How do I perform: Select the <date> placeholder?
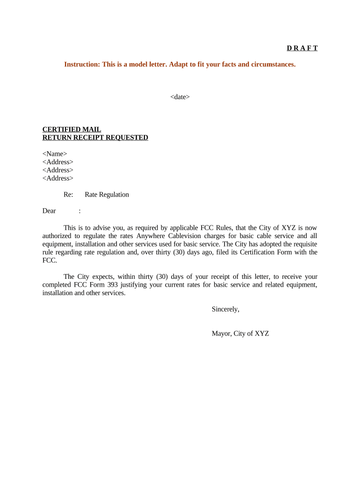pos(180,97)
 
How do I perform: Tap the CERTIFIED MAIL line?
pos(72,130)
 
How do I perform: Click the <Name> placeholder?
pos(55,154)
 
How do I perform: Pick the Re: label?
pos(68,195)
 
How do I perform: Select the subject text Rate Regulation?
pos(107,195)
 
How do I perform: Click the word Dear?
pos(49,211)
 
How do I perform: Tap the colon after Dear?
pos(80,211)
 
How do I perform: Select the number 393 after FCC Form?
pos(112,285)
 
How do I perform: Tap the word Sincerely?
pos(225,309)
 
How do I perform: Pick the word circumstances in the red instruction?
pos(274,64)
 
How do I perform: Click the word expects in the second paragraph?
pos(101,276)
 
